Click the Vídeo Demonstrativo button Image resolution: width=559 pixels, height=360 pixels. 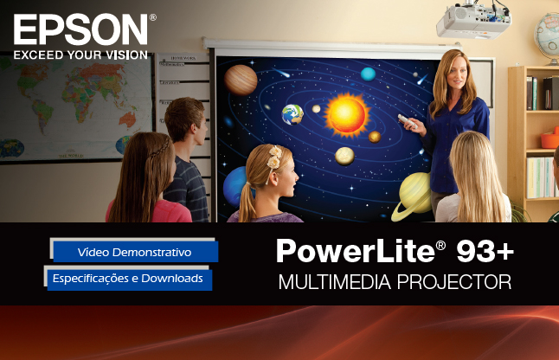tap(136, 252)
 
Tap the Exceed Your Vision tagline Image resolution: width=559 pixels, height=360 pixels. tap(80, 55)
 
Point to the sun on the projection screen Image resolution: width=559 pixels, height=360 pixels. tap(346, 115)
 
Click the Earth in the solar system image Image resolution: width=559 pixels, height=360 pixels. tap(292, 114)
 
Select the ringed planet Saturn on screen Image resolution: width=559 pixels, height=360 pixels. tap(412, 196)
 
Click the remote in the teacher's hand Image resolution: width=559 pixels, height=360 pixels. tap(408, 121)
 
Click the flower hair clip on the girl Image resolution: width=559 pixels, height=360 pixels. tap(274, 157)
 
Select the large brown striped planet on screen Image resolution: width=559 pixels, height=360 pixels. tap(241, 80)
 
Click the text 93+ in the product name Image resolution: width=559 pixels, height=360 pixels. tap(485, 251)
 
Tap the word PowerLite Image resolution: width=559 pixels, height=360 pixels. tap(356, 251)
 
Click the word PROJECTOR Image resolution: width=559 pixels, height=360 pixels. tap(454, 282)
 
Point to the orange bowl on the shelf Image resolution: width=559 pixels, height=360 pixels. tap(550, 138)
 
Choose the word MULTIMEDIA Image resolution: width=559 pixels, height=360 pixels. tap(335, 282)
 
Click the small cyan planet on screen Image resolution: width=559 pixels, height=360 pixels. tap(368, 74)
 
